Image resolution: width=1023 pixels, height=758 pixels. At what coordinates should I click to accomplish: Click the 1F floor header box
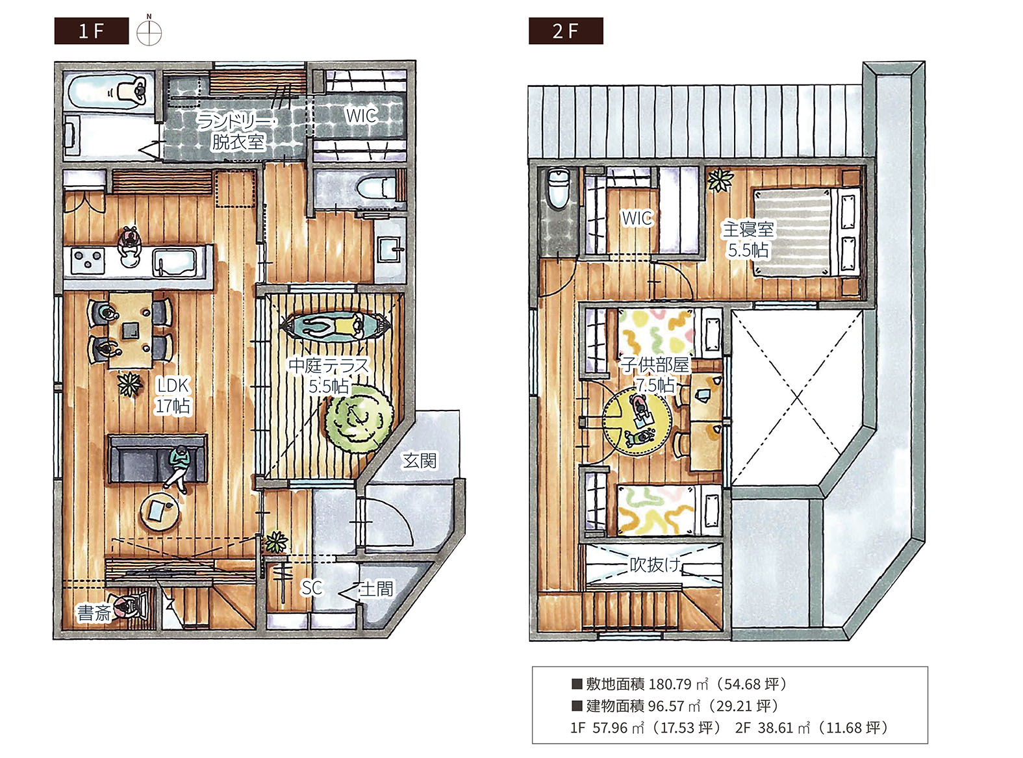(92, 31)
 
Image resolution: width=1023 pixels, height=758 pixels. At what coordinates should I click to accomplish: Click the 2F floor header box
(566, 31)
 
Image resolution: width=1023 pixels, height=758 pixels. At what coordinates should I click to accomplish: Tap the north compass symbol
(149, 31)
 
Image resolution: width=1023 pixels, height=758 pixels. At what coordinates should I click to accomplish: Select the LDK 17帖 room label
(173, 396)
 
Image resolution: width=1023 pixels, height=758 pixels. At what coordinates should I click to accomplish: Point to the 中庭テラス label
(329, 366)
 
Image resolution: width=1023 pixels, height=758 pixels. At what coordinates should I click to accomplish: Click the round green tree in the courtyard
(360, 419)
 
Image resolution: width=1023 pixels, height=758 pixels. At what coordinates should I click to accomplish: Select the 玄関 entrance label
(419, 460)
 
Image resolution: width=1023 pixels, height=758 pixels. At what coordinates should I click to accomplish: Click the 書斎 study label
(94, 613)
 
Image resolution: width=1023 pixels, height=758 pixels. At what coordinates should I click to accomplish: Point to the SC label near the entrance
(312, 588)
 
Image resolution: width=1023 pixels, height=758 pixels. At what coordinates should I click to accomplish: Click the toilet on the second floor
(558, 188)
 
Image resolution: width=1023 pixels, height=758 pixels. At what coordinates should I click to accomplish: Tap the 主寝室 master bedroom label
(748, 229)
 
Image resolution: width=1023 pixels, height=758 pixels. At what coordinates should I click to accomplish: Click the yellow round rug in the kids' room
(637, 422)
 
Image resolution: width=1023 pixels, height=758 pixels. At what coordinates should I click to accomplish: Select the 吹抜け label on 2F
(655, 564)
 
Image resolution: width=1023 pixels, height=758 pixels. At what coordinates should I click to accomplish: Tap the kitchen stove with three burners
(88, 260)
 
